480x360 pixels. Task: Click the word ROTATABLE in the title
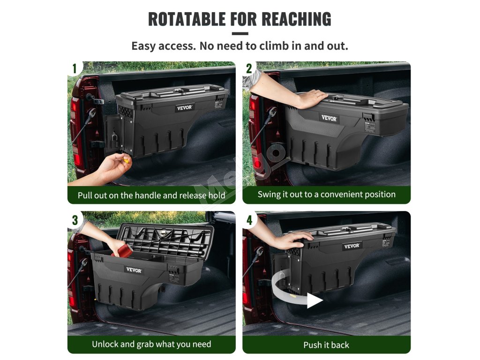click(x=187, y=19)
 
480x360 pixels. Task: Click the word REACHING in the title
click(x=296, y=19)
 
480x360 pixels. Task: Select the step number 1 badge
click(x=75, y=68)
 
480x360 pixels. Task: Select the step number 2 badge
click(x=249, y=68)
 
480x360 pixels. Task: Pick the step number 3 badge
click(x=75, y=220)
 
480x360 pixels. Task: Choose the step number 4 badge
click(x=249, y=220)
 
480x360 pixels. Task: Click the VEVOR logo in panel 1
click(x=185, y=107)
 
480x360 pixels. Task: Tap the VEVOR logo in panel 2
click(x=329, y=118)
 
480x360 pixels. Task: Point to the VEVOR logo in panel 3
click(x=134, y=270)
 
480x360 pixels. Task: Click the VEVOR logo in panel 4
click(x=352, y=246)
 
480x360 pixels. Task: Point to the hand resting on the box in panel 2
click(x=310, y=98)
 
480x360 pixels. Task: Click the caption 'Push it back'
click(x=326, y=345)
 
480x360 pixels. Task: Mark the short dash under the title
click(x=240, y=34)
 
